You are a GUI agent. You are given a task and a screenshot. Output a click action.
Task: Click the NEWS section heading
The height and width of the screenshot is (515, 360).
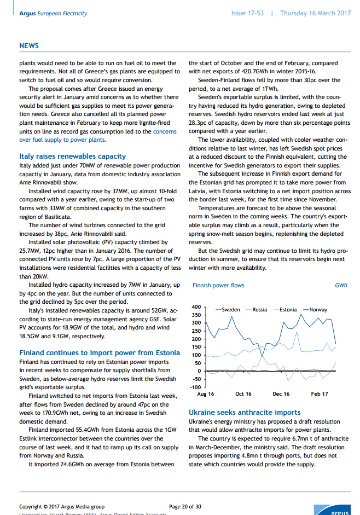28,46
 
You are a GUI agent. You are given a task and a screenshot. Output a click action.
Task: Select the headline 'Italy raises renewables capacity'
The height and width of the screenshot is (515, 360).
72,156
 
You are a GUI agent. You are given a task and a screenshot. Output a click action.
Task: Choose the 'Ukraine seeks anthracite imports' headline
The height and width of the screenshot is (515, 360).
244,412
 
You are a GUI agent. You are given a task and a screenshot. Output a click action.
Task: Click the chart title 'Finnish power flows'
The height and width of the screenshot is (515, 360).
218,286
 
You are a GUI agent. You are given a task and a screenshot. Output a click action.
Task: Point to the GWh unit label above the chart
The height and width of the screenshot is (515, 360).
341,286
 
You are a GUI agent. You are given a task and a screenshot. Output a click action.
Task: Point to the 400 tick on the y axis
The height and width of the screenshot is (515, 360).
197,307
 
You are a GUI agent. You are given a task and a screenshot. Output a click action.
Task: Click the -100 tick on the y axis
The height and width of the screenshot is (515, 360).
196,387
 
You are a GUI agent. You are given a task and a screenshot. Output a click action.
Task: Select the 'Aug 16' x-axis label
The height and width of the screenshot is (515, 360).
206,394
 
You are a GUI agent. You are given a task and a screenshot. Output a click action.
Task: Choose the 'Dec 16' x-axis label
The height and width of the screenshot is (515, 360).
281,394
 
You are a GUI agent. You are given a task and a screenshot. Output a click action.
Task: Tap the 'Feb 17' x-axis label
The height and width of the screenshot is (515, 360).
320,394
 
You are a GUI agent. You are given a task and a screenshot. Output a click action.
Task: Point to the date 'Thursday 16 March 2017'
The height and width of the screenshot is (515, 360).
315,13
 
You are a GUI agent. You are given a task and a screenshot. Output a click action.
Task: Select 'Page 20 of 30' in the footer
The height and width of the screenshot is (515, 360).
185,507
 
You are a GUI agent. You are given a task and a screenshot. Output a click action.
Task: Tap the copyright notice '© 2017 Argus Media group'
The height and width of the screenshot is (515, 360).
62,507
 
